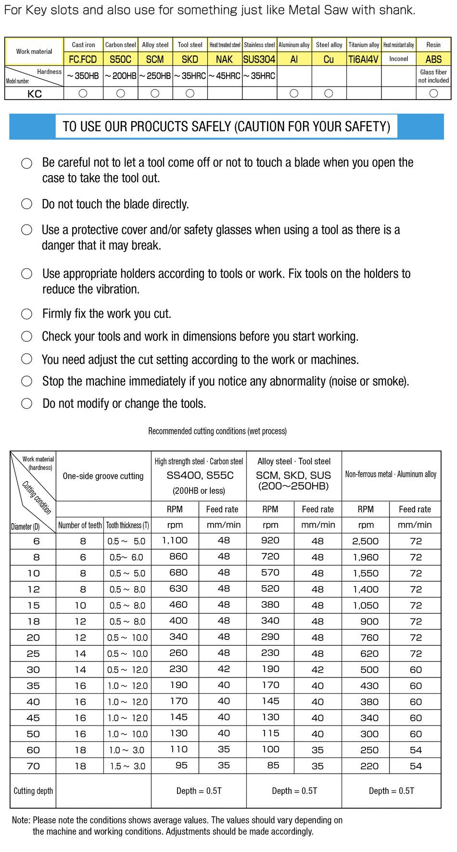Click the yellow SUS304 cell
click(259, 59)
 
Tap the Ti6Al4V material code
click(363, 59)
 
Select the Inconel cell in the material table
click(398, 59)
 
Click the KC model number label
click(35, 94)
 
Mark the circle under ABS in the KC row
click(433, 93)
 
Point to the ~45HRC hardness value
click(224, 76)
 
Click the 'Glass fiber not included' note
click(433, 76)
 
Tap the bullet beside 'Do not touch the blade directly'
click(27, 204)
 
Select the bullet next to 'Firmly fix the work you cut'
click(27, 314)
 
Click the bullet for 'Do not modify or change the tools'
click(27, 403)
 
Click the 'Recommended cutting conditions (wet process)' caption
click(217, 431)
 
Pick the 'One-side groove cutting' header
click(103, 476)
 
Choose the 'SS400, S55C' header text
click(200, 476)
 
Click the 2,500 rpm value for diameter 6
click(365, 541)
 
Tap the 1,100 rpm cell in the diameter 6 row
click(175, 540)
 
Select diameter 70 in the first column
click(33, 766)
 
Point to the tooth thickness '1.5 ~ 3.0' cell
click(127, 766)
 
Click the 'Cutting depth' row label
click(33, 791)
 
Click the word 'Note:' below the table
click(21, 820)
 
